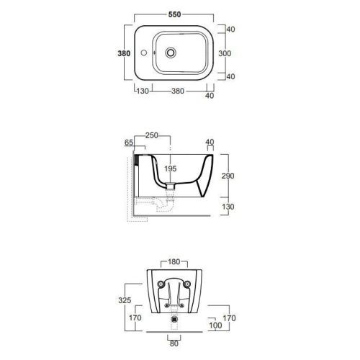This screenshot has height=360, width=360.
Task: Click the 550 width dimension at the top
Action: coord(174,14)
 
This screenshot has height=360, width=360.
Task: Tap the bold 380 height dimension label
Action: coord(124,53)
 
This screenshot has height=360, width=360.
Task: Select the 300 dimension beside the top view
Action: coord(225,53)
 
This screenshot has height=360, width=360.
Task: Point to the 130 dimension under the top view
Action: coord(143,91)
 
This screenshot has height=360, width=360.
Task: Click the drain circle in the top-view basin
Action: coord(171,53)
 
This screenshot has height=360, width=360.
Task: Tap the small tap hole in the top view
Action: coord(144,53)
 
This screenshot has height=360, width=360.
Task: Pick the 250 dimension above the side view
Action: coord(152,135)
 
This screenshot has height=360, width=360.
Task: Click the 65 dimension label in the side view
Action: coord(129,143)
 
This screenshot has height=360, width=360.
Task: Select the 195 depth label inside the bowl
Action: coord(171,168)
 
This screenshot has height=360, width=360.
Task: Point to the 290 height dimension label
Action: coord(228,176)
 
